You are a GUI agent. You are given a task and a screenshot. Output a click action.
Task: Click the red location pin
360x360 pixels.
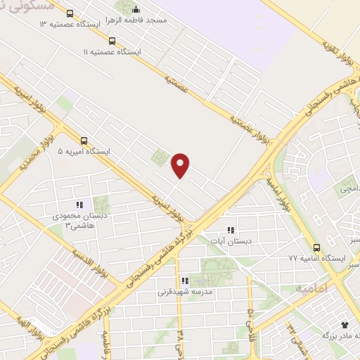coord(181,165)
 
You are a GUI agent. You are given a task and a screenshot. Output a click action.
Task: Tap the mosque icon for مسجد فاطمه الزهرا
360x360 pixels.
coord(136,10)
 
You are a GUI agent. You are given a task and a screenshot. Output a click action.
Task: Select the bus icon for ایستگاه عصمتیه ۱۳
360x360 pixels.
coord(69,13)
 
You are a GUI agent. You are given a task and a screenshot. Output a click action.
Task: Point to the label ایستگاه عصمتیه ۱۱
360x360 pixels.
coord(111,52)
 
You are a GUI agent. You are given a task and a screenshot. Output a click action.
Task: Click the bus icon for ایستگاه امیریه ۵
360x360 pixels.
coord(84,140)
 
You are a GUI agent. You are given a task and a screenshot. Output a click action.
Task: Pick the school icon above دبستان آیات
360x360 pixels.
coord(230,230)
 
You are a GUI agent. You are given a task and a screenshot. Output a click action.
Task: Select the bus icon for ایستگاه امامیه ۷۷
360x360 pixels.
coord(317,247)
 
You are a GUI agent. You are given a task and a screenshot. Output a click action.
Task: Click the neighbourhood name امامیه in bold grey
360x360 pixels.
coord(311,289)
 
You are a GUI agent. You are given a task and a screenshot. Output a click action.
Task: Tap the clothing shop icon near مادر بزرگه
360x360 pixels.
coord(345,325)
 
